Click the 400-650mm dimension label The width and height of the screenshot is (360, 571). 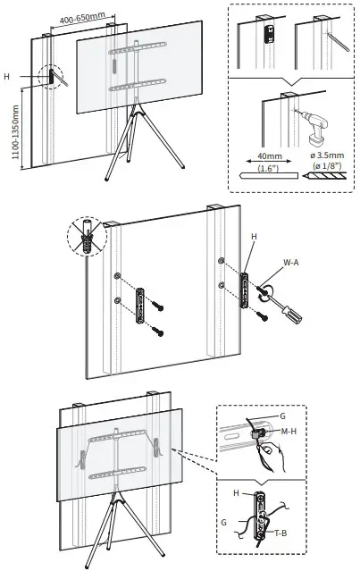(x=81, y=19)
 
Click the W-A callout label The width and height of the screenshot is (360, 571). (x=290, y=263)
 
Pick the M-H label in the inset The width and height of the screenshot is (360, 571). (x=289, y=432)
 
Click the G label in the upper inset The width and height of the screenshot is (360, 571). (x=282, y=417)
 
